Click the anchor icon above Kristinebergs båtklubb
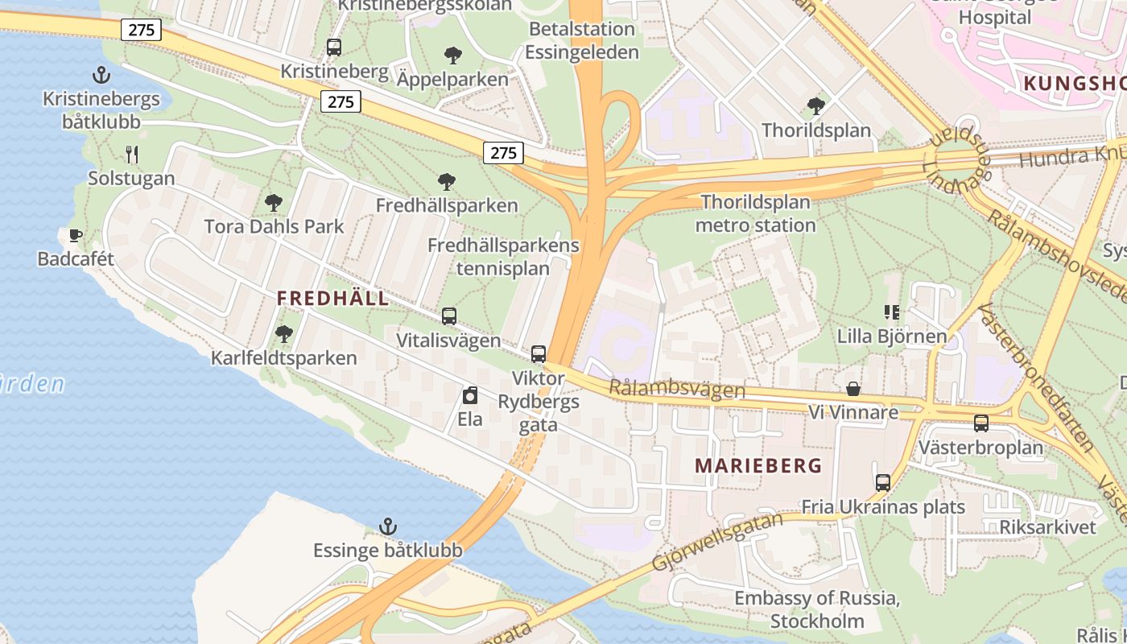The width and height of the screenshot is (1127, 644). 101,76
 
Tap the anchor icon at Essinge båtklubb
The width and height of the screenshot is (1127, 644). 388,527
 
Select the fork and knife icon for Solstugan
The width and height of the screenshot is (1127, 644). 132,154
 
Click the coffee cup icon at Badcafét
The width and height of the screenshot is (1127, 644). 75,235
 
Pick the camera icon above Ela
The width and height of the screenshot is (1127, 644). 470,395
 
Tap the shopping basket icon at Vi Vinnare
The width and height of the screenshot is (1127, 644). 853,390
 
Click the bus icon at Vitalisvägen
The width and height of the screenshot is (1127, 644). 449,316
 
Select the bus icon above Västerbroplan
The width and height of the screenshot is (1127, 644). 980,423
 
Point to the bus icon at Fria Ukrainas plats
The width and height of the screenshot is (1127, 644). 883,483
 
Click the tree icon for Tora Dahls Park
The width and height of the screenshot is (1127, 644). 274,202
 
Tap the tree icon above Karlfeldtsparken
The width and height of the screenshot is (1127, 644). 283,333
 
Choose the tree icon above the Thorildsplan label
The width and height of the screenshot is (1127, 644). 816,105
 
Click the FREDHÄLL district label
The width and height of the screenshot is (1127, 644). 332,299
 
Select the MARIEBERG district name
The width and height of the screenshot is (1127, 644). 758,466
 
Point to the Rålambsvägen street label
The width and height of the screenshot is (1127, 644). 677,389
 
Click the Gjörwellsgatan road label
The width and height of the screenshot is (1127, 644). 716,542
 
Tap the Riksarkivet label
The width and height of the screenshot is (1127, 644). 1047,527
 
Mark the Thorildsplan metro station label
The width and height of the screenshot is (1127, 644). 755,213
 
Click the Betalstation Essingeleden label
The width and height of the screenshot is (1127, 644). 582,41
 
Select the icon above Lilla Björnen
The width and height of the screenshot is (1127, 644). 892,312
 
